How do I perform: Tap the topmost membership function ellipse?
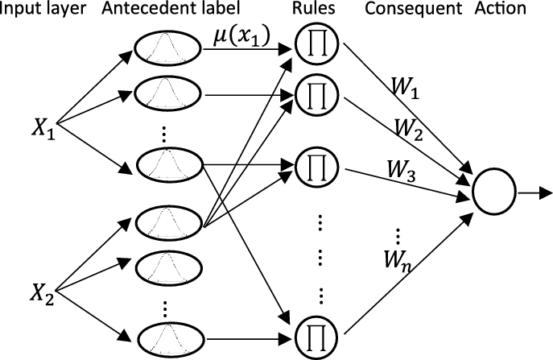[171, 48]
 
